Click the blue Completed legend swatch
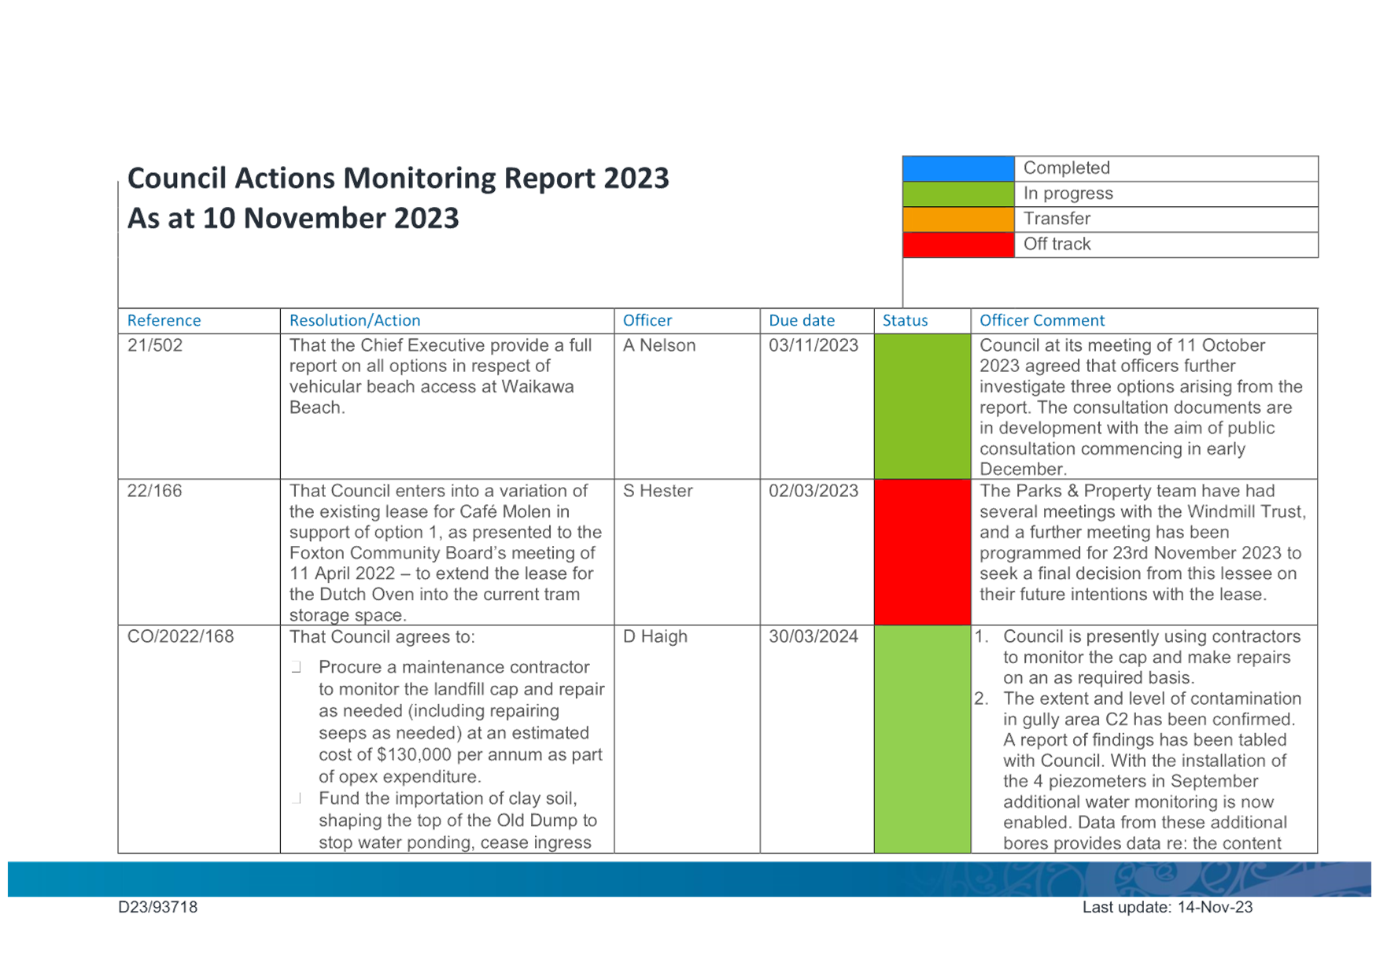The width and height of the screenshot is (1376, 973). point(958,168)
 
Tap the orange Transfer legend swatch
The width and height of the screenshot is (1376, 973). point(958,219)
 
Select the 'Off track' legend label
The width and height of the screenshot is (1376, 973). point(1057,244)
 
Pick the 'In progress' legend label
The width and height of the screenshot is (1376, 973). point(1068,193)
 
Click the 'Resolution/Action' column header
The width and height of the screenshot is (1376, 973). point(355,320)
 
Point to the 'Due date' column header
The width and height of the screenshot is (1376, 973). point(802,320)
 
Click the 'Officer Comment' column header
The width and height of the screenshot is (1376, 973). point(1042,320)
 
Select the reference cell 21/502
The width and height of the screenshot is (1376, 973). point(155,345)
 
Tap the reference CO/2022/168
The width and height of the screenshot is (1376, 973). point(181,636)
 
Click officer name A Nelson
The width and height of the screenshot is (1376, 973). point(659,345)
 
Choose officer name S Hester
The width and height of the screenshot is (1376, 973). point(658,491)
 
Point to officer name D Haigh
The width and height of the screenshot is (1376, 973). point(655,636)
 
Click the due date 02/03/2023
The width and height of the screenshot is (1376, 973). point(813,491)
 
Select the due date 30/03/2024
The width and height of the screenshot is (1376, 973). point(813,636)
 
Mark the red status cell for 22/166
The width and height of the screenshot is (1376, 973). point(922,552)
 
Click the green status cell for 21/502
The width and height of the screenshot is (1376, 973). point(922,407)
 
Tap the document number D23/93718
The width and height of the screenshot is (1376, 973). point(158,907)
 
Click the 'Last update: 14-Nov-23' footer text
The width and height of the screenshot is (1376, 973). point(1168,907)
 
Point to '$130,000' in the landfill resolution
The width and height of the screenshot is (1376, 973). point(413,755)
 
